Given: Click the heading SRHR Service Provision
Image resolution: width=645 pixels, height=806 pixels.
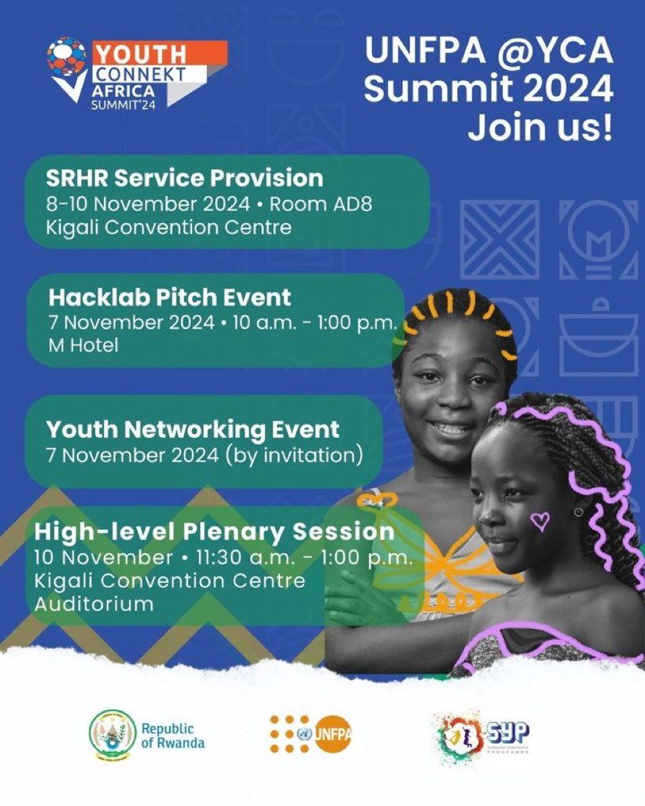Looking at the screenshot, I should (185, 177).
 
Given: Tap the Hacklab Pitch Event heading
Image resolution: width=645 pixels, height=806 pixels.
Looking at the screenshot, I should (170, 297).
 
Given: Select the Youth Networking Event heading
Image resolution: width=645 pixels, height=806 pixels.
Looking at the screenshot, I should (193, 430).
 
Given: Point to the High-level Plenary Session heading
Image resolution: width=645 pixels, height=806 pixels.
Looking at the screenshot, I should (214, 531).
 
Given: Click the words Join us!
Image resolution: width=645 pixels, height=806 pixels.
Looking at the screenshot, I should (540, 127).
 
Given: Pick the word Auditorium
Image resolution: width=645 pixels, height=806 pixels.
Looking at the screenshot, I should (94, 604).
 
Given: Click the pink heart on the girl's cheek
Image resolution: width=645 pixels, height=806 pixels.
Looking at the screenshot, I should (540, 520).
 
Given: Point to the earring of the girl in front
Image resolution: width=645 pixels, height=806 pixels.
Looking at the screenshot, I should (579, 512).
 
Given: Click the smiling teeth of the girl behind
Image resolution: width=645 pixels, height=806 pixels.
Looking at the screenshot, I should (452, 428).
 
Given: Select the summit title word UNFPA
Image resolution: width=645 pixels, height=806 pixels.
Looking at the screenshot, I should (421, 54).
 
